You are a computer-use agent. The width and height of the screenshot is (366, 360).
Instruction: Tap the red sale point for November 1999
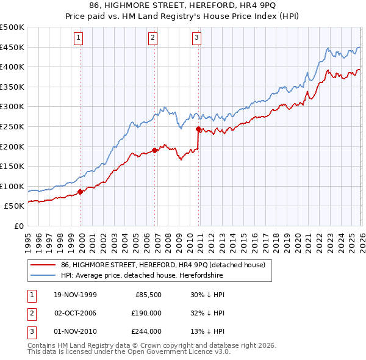click(x=81, y=192)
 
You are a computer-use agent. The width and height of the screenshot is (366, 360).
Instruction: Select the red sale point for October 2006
click(x=155, y=150)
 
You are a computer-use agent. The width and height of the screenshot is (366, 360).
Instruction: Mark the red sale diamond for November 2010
click(x=198, y=129)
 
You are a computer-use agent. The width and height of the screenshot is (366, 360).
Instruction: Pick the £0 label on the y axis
click(x=18, y=226)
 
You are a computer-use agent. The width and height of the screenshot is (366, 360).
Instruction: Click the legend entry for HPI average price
click(x=142, y=276)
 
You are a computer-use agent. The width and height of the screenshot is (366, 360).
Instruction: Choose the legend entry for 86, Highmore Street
click(x=162, y=265)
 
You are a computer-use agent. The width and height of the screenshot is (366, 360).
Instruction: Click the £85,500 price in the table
click(x=146, y=294)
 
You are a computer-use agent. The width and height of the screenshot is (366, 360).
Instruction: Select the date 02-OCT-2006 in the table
click(x=75, y=312)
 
